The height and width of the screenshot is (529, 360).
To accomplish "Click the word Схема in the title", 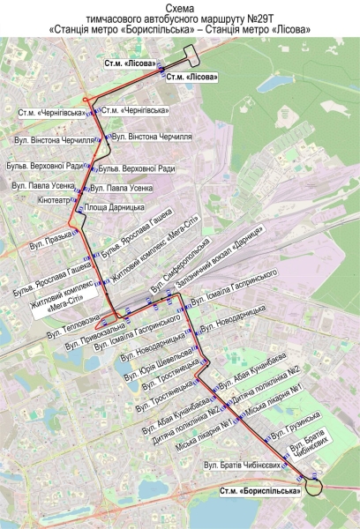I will coord(179,7).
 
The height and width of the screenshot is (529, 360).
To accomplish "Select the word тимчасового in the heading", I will coord(123,18).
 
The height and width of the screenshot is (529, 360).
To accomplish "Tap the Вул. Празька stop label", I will coord(51,238).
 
